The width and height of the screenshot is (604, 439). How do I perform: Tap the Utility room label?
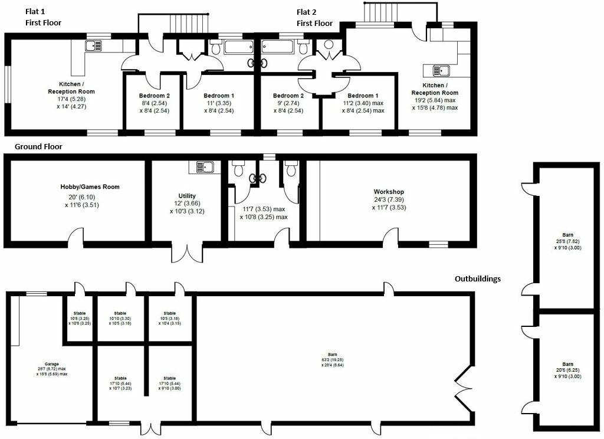[187, 196]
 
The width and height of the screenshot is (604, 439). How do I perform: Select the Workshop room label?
[389, 192]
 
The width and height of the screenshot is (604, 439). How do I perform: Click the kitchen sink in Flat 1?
[94, 45]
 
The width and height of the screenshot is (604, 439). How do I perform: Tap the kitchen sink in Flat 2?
[441, 71]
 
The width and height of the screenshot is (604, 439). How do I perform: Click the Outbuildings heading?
[478, 279]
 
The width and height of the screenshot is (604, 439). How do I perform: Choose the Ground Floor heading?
[38, 146]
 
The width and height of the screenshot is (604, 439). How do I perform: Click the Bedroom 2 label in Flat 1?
[155, 96]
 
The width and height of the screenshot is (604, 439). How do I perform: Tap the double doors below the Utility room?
[193, 251]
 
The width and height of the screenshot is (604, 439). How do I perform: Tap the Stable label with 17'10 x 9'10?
[170, 378]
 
